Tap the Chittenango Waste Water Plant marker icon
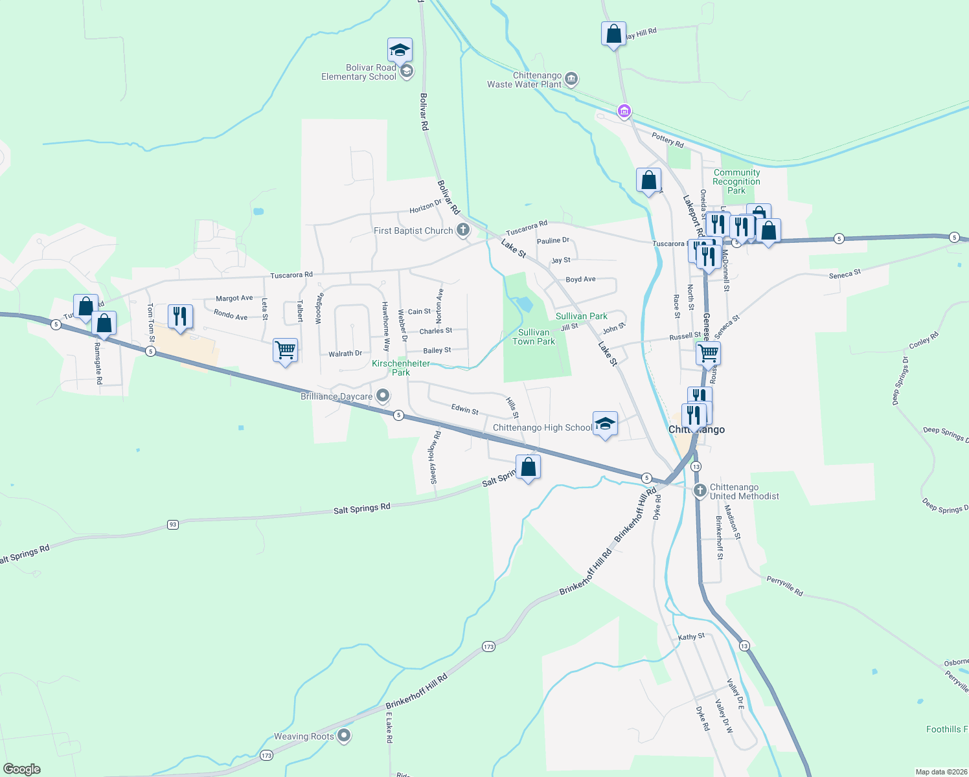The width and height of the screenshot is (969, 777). click(x=571, y=80)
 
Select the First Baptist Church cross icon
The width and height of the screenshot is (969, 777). click(x=463, y=230)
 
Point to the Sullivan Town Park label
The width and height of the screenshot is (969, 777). click(x=534, y=337)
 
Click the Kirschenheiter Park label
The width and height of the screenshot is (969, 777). click(x=401, y=368)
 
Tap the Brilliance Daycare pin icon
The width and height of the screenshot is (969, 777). click(x=383, y=395)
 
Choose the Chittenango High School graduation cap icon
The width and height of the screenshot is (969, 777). click(x=605, y=424)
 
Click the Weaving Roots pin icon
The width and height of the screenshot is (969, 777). click(x=344, y=736)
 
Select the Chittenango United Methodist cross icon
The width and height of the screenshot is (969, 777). click(x=700, y=490)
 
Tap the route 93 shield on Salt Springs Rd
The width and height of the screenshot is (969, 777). click(x=172, y=524)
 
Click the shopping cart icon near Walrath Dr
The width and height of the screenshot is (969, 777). click(x=285, y=350)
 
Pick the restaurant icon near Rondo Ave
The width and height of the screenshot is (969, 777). click(x=180, y=317)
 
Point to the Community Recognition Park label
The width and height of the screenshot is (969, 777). click(x=736, y=181)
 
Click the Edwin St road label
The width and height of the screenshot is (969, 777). click(x=464, y=409)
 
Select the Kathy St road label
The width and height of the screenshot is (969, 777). click(x=691, y=637)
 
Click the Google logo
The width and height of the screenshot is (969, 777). click(x=22, y=769)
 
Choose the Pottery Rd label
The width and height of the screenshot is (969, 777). click(x=668, y=140)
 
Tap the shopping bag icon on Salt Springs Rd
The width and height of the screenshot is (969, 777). click(x=529, y=467)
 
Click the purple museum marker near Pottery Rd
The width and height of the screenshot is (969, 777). click(x=624, y=111)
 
